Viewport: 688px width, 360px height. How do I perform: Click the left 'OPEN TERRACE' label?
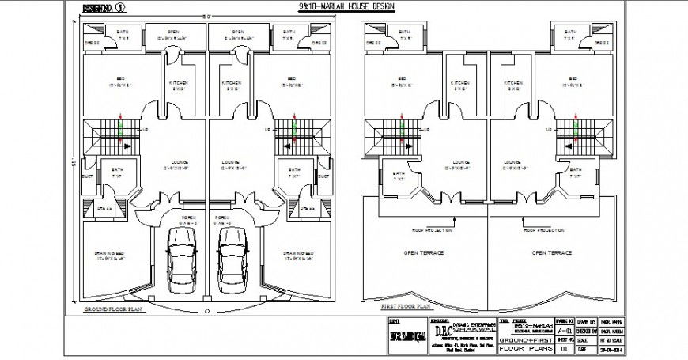click(x=425, y=252)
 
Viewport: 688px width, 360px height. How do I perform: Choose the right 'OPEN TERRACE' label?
click(x=551, y=252)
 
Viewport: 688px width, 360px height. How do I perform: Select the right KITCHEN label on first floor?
click(x=513, y=83)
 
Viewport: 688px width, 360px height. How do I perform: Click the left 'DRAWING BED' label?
click(x=110, y=255)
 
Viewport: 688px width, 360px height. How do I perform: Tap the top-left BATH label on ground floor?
click(x=124, y=34)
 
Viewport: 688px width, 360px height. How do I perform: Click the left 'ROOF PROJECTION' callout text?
click(x=432, y=230)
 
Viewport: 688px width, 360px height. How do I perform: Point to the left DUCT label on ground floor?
click(x=87, y=176)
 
